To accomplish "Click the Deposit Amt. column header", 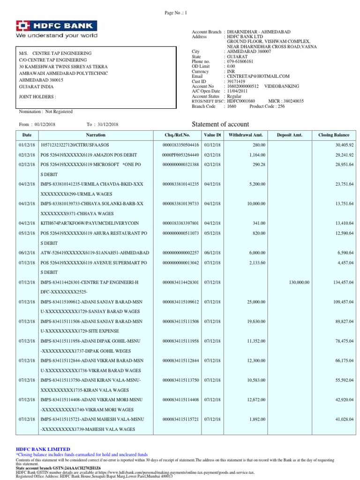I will point(290,135).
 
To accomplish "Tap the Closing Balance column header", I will point(334,135).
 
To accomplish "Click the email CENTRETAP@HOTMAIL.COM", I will point(258,76).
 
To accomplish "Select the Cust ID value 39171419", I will point(237,81).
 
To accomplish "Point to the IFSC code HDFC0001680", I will point(240,101).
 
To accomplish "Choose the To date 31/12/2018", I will point(108,124).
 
